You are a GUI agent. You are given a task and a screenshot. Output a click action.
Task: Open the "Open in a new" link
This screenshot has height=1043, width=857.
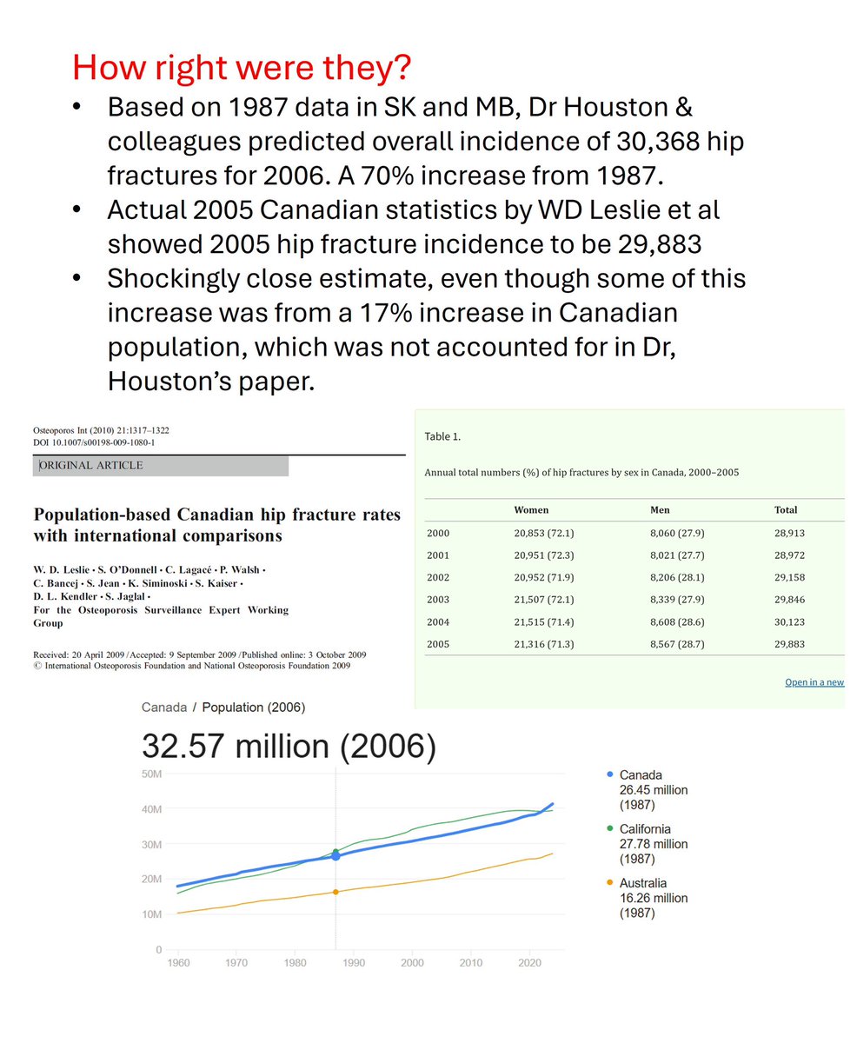[814, 682]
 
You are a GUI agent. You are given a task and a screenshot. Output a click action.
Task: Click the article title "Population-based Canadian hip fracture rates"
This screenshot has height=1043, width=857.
[216, 515]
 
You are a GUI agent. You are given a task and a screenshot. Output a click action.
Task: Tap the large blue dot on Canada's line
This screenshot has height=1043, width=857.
[335, 856]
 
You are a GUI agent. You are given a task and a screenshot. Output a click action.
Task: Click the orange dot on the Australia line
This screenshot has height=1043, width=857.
[335, 892]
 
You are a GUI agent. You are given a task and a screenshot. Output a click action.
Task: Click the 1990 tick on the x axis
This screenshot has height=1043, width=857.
[354, 963]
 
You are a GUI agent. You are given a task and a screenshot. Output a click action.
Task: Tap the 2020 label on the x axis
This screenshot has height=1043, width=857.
[529, 963]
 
